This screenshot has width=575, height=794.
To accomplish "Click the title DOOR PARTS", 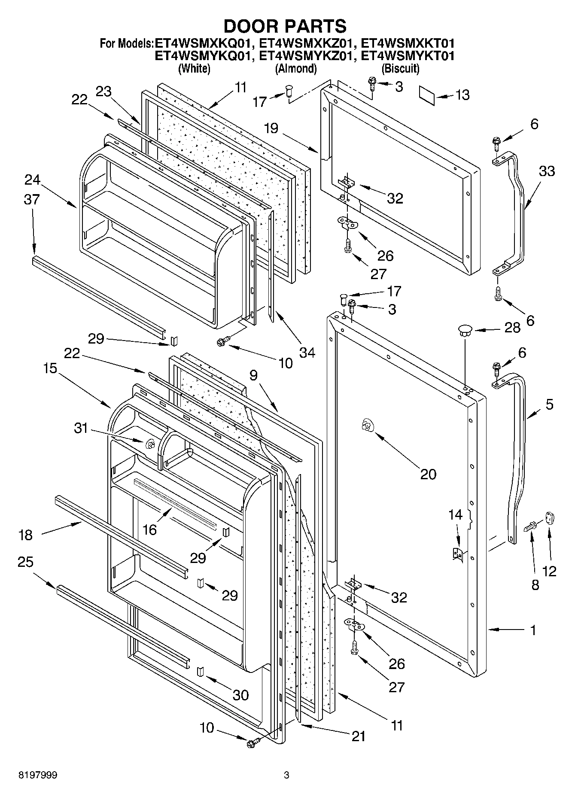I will (285, 26).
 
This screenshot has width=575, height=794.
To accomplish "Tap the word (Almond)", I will (296, 68).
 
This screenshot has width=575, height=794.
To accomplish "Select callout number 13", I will (462, 95).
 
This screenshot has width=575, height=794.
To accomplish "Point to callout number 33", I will (546, 171).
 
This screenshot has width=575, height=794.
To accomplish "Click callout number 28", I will (512, 328).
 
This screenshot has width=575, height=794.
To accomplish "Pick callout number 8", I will (535, 585).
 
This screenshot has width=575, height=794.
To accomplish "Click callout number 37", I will (32, 200).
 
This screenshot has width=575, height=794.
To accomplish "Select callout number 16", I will (149, 529).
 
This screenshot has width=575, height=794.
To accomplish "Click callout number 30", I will (240, 694).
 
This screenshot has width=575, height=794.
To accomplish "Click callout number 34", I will (307, 353).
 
